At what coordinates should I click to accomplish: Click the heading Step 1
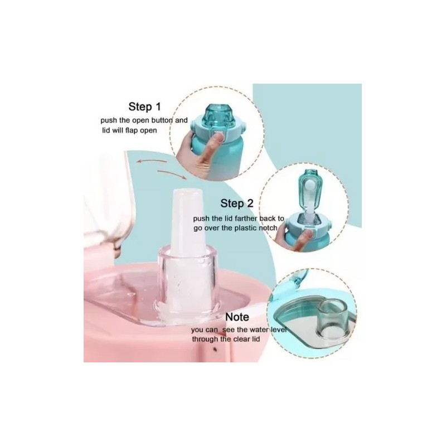click(x=144, y=106)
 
